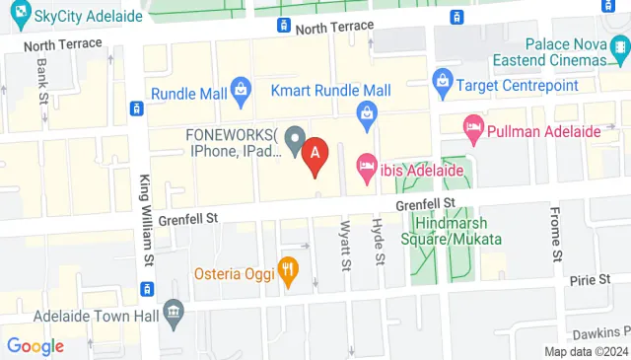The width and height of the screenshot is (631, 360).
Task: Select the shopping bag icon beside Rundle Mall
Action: click(x=241, y=94)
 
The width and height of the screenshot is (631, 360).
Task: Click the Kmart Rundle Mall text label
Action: click(x=324, y=90)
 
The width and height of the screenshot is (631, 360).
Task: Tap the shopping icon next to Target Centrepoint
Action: click(x=443, y=79)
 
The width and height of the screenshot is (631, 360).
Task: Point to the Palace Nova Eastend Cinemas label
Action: click(x=577, y=52)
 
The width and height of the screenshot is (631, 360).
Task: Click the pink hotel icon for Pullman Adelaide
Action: click(x=475, y=126)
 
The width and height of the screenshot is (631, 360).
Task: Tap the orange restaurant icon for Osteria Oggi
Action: click(x=288, y=268)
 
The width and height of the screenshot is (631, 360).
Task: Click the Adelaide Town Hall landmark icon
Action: click(x=174, y=314)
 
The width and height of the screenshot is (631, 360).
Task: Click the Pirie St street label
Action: click(x=591, y=280)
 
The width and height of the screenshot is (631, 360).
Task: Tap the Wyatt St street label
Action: click(x=345, y=246)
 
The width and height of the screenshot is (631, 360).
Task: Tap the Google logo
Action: click(x=35, y=345)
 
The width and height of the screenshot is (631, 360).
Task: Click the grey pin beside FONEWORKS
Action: click(x=294, y=137)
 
